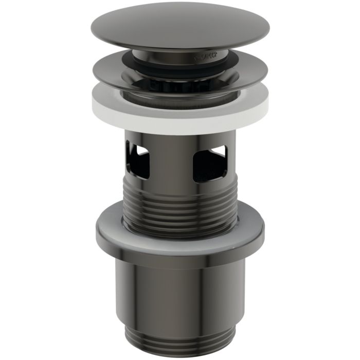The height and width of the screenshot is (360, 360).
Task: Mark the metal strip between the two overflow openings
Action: point(172,162)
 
